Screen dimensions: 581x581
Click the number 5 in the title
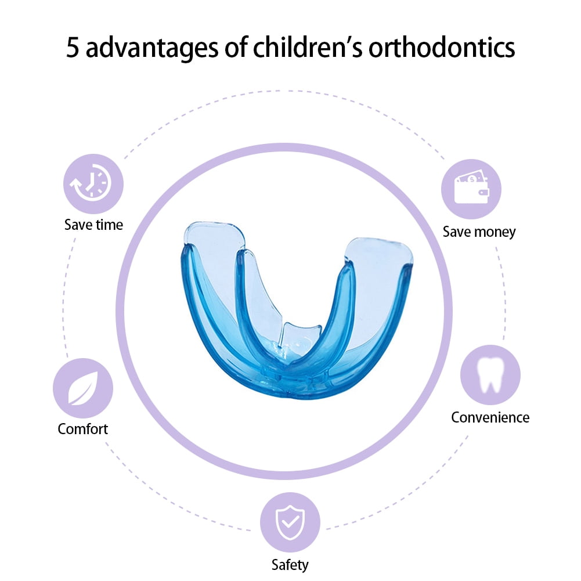tap(73, 47)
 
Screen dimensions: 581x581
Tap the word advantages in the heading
tap(152, 48)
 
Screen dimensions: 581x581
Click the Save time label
tap(94, 225)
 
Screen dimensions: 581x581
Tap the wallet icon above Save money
tap(471, 189)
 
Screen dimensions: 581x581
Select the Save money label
tap(479, 232)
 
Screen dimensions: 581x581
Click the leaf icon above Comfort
tap(83, 388)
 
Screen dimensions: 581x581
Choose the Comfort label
tap(82, 429)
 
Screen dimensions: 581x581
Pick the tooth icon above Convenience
tap(490, 374)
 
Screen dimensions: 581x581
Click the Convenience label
tap(490, 417)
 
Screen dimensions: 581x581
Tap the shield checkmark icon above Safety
tap(290, 522)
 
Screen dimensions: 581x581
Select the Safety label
tap(290, 565)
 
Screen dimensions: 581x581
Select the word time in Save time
tap(109, 225)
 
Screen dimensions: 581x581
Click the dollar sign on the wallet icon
tap(472, 180)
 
